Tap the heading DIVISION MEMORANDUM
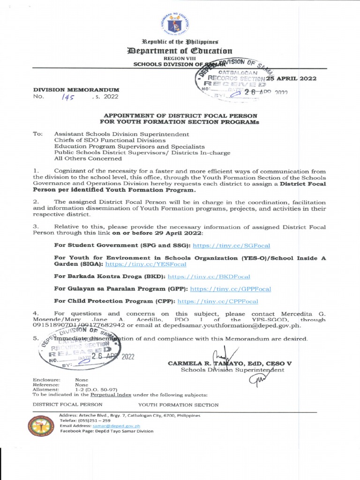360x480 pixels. pyautogui.click(x=76, y=89)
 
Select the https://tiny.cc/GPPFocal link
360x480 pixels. pyautogui.click(x=230, y=289)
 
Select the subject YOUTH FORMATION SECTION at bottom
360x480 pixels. pyautogui.click(x=178, y=405)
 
